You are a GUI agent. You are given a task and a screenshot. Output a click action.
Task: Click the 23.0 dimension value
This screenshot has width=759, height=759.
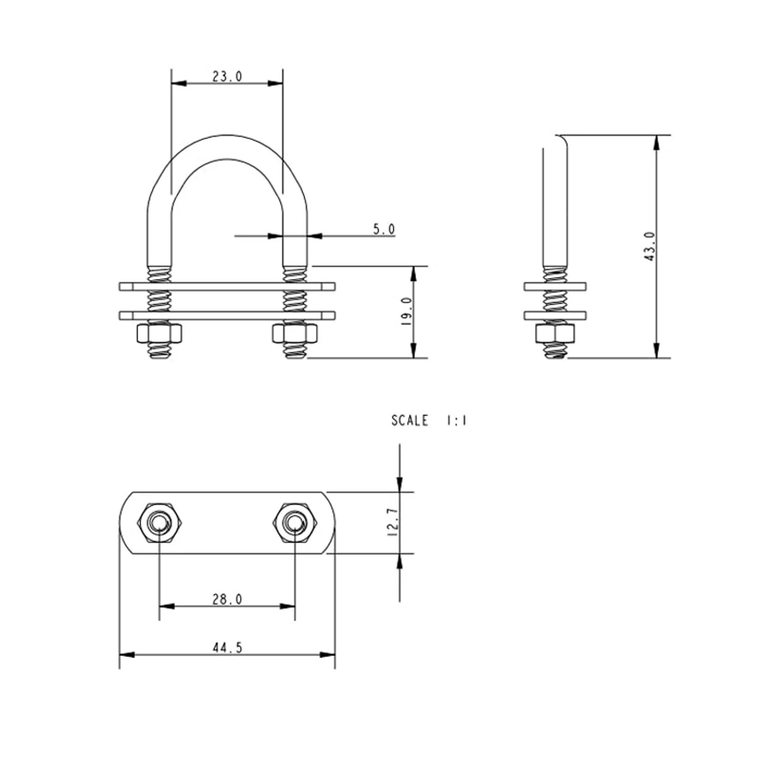[x=227, y=76]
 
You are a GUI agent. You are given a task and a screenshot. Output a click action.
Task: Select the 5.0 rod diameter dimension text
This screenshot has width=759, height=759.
[x=384, y=229]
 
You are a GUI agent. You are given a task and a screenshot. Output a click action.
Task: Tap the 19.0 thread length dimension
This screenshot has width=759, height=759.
[x=406, y=311]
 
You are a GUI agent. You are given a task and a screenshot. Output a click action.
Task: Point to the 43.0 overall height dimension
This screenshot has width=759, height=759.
[x=649, y=247]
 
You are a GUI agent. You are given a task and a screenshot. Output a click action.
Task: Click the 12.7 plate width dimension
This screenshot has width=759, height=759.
[x=394, y=522]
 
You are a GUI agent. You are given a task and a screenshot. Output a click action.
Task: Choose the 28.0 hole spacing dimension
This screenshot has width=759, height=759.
[x=227, y=599]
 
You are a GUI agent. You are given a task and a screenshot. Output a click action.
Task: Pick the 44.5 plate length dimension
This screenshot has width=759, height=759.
[x=227, y=648]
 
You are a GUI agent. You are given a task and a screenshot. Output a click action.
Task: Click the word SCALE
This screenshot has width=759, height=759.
[x=409, y=420]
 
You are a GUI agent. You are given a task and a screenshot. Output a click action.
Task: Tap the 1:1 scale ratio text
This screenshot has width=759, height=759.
[x=456, y=420]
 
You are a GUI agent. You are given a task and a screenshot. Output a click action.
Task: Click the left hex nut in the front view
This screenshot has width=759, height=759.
[x=159, y=333]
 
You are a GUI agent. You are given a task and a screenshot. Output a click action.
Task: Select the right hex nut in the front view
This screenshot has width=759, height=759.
[x=295, y=333]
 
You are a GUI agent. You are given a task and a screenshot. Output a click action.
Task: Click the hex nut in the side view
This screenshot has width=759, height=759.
[x=555, y=333]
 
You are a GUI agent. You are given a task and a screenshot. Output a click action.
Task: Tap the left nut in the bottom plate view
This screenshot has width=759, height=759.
[x=159, y=522]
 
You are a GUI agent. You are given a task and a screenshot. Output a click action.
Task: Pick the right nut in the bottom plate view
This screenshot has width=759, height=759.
[x=295, y=522]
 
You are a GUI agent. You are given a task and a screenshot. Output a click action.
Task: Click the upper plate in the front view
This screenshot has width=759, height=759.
[x=227, y=286]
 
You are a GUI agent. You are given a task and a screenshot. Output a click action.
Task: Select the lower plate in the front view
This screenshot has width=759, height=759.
[x=227, y=315]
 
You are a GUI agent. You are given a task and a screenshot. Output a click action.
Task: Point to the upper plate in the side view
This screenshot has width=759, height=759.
[x=555, y=286]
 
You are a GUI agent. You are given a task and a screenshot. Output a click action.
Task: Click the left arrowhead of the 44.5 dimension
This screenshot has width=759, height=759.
[x=127, y=655]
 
